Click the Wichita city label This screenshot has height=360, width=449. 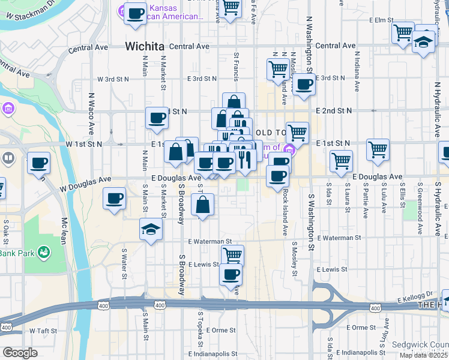click(x=144, y=46)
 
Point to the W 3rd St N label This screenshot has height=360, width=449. click(x=113, y=79)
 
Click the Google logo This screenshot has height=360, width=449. click(x=20, y=353)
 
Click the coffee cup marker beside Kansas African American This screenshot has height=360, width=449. click(x=135, y=13)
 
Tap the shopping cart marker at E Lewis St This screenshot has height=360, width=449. click(x=232, y=255)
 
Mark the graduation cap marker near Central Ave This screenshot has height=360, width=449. click(x=423, y=43)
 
